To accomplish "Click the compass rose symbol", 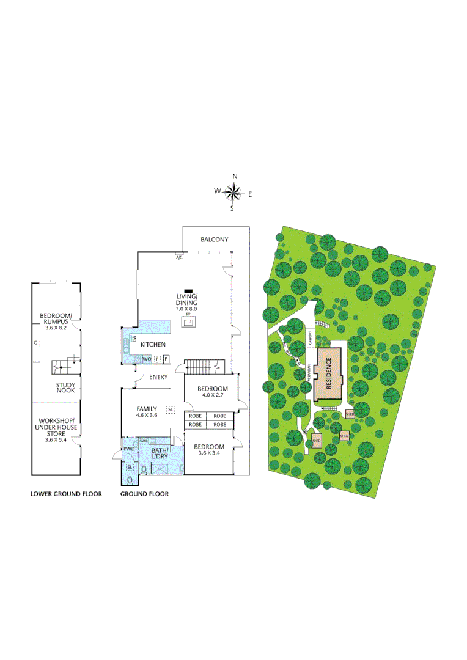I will [233, 193].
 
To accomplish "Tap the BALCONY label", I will [214, 240].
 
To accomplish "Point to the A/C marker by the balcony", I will [179, 258].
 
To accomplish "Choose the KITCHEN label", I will [153, 345].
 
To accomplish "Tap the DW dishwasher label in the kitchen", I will [133, 338].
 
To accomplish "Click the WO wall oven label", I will [147, 359].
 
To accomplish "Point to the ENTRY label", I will [158, 377].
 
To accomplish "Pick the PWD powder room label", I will [129, 449].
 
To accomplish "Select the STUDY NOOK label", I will [65, 388].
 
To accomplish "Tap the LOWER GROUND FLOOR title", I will [66, 494].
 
